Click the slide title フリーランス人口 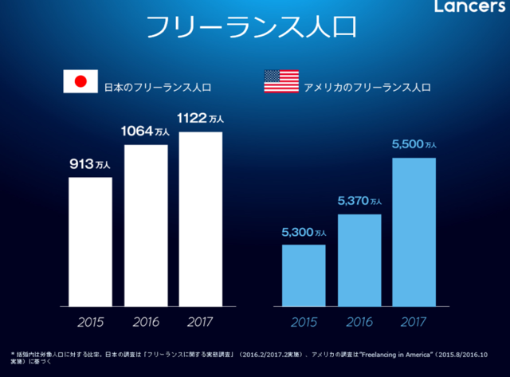click(252, 27)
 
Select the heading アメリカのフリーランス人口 click(367, 84)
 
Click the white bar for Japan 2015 click(90, 242)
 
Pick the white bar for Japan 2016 click(146, 226)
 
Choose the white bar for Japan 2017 click(201, 219)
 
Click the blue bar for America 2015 click(304, 275)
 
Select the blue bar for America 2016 click(359, 260)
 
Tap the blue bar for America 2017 click(414, 232)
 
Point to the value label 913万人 click(90, 165)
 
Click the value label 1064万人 click(146, 132)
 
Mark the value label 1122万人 click(201, 118)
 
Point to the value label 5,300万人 click(304, 232)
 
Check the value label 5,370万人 click(359, 201)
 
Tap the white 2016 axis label click(146, 323)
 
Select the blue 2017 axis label click(414, 323)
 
